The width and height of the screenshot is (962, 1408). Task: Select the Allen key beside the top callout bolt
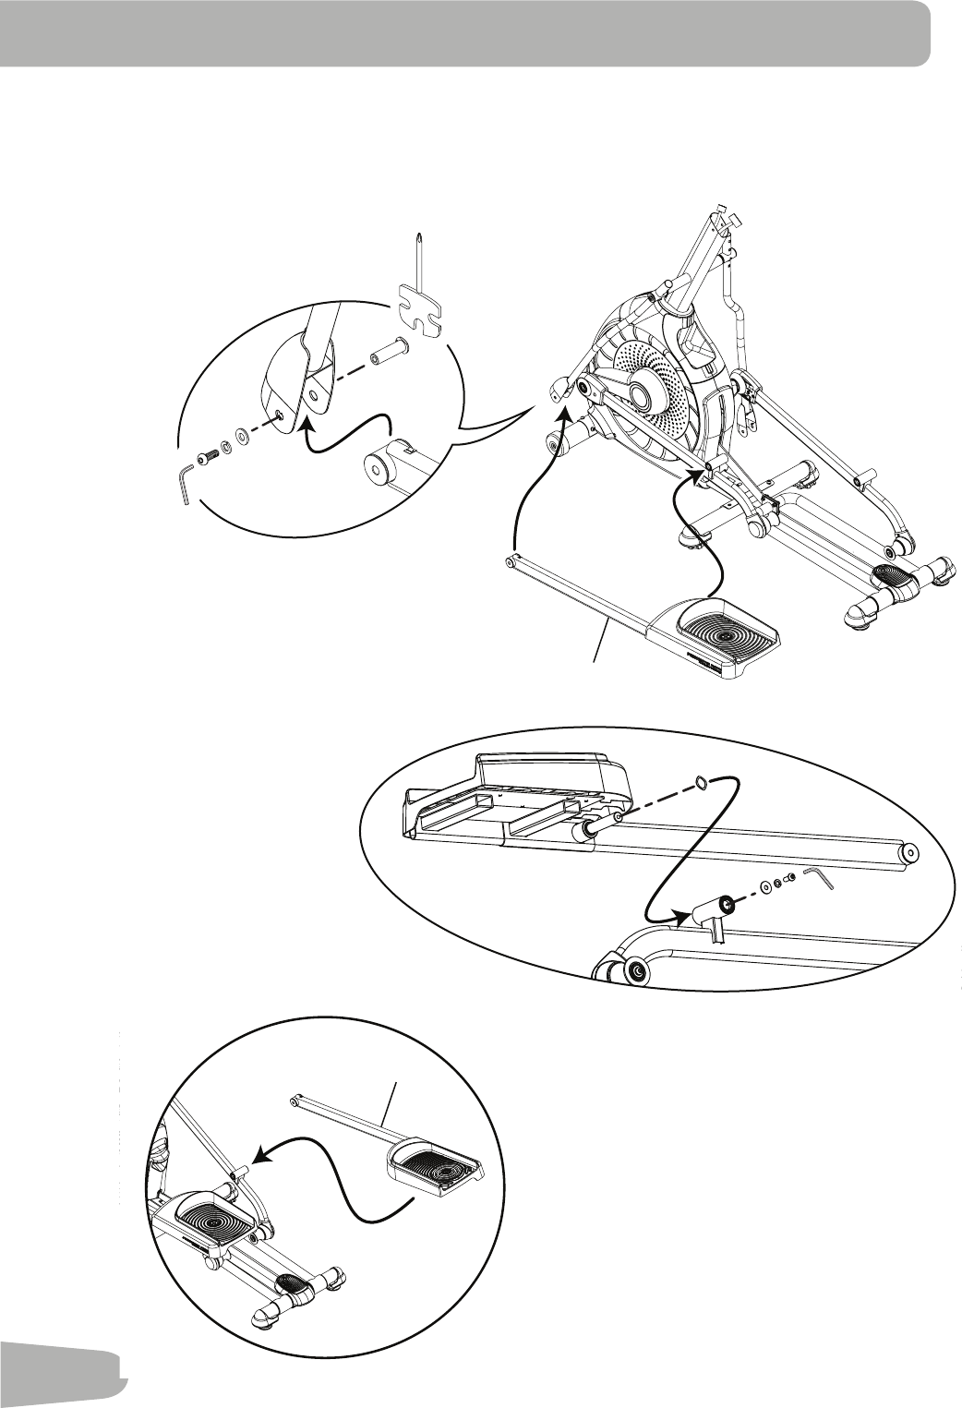pos(185,485)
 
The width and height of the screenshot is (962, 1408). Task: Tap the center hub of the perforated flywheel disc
pos(640,394)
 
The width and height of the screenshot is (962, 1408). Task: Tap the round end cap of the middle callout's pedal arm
pos(910,853)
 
